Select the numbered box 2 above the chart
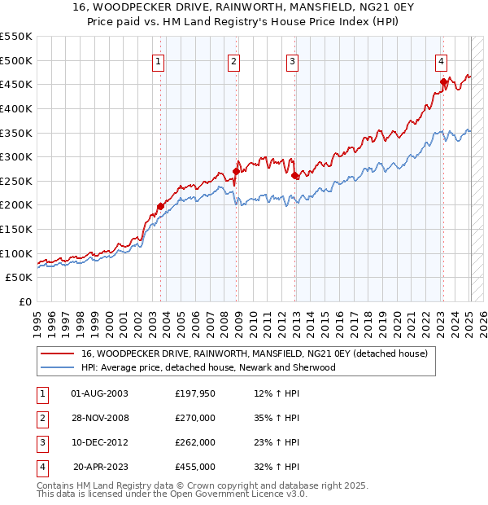tap(233, 61)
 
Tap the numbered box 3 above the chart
tap(291, 61)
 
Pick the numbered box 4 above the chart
tap(440, 61)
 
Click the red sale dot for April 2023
tap(443, 81)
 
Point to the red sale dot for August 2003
tap(160, 206)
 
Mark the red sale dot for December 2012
tap(294, 174)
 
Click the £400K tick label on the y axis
tap(16, 108)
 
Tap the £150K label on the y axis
tap(16, 229)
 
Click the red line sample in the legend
tap(57, 353)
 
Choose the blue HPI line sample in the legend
tap(57, 367)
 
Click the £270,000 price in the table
tap(195, 419)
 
